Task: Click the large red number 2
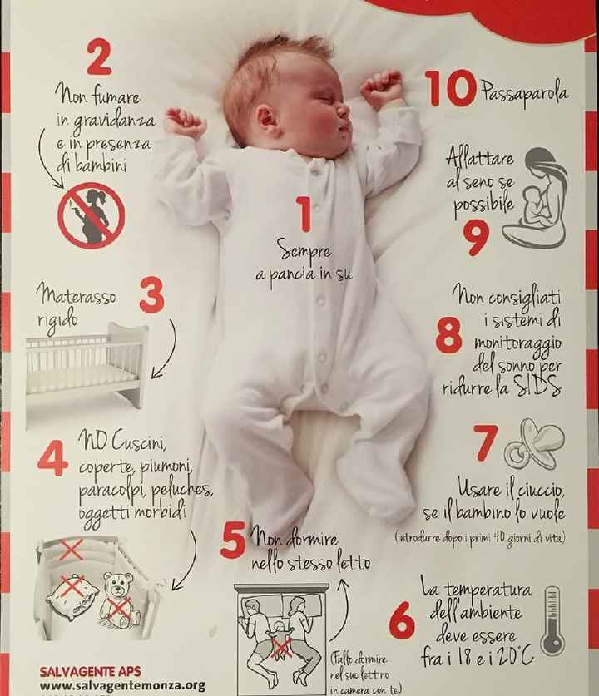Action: pos(99,57)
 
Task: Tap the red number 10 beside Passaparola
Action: pos(450,88)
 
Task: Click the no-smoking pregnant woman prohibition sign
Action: pos(92,215)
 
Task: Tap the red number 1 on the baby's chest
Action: pos(304,215)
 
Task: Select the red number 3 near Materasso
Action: pos(152,296)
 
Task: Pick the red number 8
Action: pos(448,336)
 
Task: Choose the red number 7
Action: pos(485,442)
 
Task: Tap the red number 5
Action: pos(233,541)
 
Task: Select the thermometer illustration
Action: pos(552,622)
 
